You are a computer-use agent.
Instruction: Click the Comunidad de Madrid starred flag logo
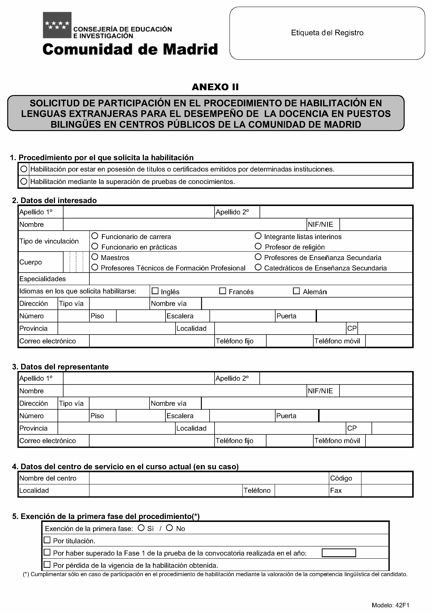click(57, 25)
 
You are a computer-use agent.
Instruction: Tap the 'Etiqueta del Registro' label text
click(327, 33)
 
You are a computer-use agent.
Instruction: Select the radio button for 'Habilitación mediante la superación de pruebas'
click(24, 182)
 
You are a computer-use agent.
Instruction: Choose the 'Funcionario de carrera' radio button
click(95, 236)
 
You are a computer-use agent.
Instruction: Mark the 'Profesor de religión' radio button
click(258, 246)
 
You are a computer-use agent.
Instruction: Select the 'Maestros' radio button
click(95, 257)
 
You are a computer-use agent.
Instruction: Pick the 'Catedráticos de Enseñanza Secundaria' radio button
click(258, 267)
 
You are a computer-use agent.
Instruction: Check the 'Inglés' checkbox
click(155, 291)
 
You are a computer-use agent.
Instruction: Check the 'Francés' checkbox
click(222, 291)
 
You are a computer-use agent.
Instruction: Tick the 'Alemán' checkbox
click(296, 291)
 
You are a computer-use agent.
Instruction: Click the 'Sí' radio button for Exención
click(141, 528)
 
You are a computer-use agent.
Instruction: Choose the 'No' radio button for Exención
click(169, 528)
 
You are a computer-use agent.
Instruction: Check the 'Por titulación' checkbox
click(47, 540)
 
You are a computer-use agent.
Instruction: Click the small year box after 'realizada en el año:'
click(339, 553)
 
